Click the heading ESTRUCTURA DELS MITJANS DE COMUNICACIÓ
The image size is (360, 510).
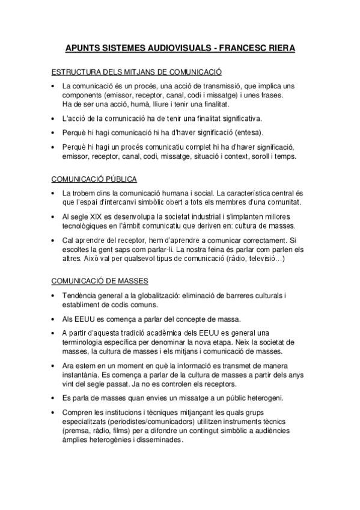pyautogui.click(x=137, y=70)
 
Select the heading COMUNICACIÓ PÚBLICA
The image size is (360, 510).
pyautogui.click(x=94, y=179)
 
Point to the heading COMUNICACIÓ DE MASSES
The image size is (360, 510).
pyautogui.click(x=100, y=281)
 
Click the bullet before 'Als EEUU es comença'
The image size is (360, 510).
pyautogui.click(x=53, y=319)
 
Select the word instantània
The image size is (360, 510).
pyautogui.click(x=84, y=373)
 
